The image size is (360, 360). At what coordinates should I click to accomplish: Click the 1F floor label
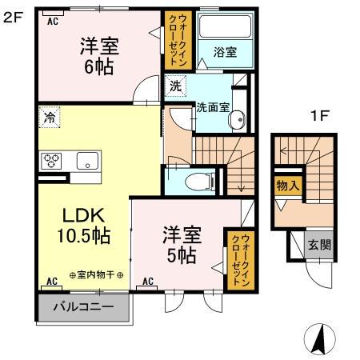pyautogui.click(x=319, y=114)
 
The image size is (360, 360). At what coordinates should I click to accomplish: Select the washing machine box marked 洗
pyautogui.click(x=174, y=83)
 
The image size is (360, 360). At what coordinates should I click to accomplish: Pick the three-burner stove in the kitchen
pyautogui.click(x=52, y=160)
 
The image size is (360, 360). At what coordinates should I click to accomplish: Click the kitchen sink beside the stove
pyautogui.click(x=85, y=160)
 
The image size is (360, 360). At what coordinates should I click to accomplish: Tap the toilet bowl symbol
pyautogui.click(x=194, y=182)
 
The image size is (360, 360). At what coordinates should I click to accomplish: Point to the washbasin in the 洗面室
pyautogui.click(x=236, y=120)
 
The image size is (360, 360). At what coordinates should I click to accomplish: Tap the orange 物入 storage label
pyautogui.click(x=288, y=186)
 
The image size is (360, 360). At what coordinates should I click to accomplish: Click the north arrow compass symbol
pyautogui.click(x=318, y=340)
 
